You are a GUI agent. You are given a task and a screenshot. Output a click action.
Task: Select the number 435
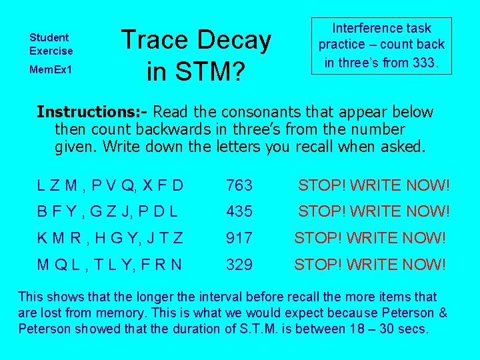[x=239, y=211]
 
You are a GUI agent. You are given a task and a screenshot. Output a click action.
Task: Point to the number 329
[x=239, y=265]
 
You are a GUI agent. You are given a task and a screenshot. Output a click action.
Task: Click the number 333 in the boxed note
[x=423, y=63]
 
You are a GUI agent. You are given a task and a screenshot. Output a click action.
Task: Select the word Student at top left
[x=49, y=38]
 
